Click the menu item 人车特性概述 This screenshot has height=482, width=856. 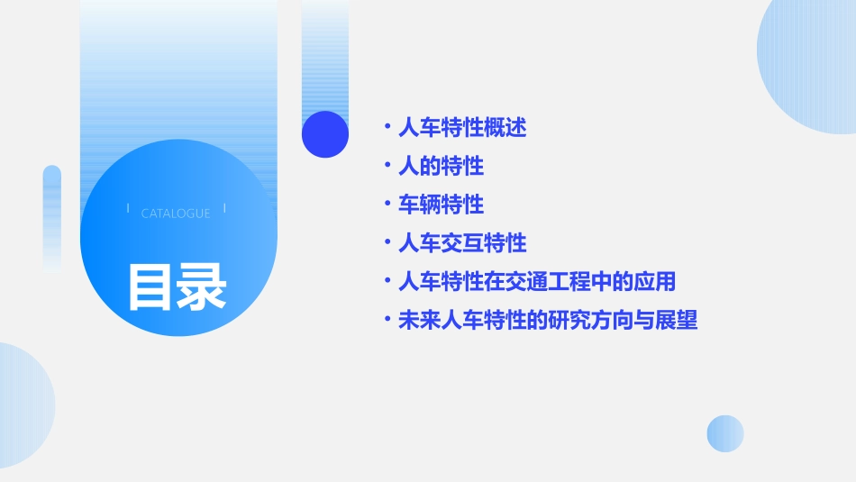(462, 128)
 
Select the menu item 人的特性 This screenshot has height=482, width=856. (441, 167)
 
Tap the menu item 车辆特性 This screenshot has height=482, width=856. (441, 205)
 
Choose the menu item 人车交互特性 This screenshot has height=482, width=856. (462, 243)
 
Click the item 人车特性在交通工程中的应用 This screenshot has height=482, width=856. (537, 281)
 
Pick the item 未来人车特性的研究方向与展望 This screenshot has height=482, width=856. (548, 320)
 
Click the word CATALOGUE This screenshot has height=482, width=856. (176, 214)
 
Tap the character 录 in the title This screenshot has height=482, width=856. (202, 287)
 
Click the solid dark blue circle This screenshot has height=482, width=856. (325, 134)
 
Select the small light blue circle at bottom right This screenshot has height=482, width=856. (725, 433)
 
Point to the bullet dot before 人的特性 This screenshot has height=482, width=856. (387, 167)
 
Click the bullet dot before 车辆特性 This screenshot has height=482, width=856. (387, 205)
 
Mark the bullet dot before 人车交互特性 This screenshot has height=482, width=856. (387, 243)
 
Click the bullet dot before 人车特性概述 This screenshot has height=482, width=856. (387, 128)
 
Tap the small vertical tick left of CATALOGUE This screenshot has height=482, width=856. (128, 208)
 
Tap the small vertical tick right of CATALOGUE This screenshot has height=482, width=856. (224, 208)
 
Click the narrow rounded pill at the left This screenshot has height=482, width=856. (52, 216)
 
